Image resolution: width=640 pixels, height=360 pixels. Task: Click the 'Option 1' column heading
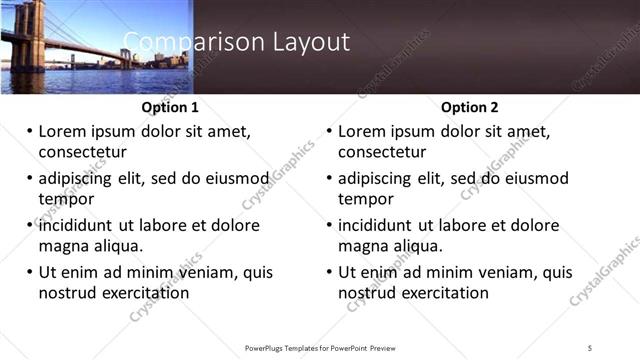pyautogui.click(x=170, y=108)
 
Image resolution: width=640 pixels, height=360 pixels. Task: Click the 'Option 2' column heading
pyautogui.click(x=470, y=108)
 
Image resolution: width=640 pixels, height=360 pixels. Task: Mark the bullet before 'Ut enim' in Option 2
pyautogui.click(x=329, y=273)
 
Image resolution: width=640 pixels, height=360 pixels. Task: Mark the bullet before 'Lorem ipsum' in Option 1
pyautogui.click(x=29, y=132)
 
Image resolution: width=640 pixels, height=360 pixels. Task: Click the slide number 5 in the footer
pyautogui.click(x=591, y=348)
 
